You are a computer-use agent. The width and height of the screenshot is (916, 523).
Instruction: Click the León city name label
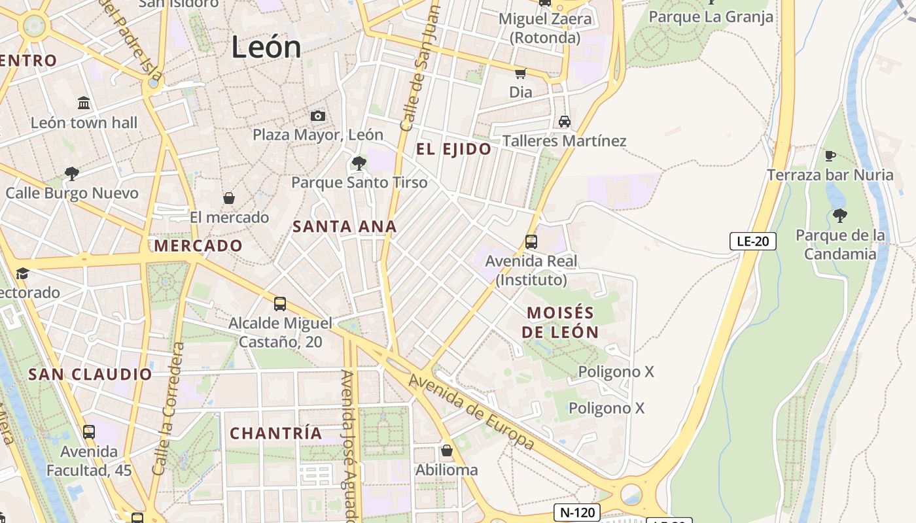click(x=266, y=47)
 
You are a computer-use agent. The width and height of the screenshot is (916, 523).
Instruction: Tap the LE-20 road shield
click(x=752, y=241)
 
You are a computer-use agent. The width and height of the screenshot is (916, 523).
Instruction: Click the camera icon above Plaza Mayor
click(x=318, y=116)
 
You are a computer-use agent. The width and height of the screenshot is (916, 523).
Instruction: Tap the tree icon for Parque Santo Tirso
click(x=359, y=163)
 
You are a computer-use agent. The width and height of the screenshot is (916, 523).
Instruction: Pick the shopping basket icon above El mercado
click(x=229, y=197)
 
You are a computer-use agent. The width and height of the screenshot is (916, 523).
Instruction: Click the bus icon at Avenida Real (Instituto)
click(x=531, y=241)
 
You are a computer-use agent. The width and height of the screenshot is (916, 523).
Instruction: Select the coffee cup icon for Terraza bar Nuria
click(x=830, y=156)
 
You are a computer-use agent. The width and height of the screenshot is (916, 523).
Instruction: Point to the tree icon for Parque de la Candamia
click(x=840, y=215)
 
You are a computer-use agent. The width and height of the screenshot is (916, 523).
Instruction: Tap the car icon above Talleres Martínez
click(x=564, y=121)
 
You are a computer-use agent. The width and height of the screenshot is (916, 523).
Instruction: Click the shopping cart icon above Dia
click(x=521, y=73)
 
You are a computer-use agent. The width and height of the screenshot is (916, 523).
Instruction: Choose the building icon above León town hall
click(x=84, y=103)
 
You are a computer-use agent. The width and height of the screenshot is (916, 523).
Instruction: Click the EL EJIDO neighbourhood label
click(x=453, y=149)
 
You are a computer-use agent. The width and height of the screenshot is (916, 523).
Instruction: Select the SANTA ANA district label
click(x=344, y=227)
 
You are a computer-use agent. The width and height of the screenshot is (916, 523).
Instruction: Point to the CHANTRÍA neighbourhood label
click(x=276, y=433)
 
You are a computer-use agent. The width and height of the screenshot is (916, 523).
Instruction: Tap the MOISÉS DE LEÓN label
click(x=560, y=322)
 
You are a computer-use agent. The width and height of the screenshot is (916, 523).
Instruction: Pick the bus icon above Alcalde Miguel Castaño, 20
click(x=280, y=303)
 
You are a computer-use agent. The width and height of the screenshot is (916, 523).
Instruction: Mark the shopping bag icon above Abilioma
click(x=446, y=450)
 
